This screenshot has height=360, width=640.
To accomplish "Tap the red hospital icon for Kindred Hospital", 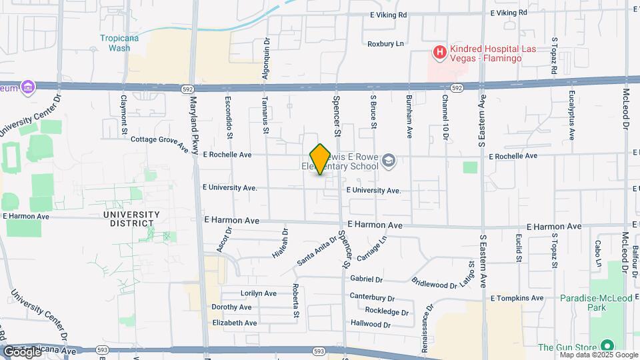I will tap(439, 51).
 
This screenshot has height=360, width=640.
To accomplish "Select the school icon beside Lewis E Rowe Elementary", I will tap(389, 160).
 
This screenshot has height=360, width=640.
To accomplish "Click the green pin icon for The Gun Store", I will tap(607, 346).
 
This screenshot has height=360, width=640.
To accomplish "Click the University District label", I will tap(132, 219).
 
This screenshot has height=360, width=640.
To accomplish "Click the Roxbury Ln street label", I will tap(386, 44).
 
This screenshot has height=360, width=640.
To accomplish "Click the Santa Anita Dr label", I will tap(317, 251).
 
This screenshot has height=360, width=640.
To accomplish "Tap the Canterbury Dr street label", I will tap(373, 297).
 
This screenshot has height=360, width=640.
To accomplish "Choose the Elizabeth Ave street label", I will tap(235, 323).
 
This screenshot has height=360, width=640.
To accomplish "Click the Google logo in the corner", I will tap(21, 351).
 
